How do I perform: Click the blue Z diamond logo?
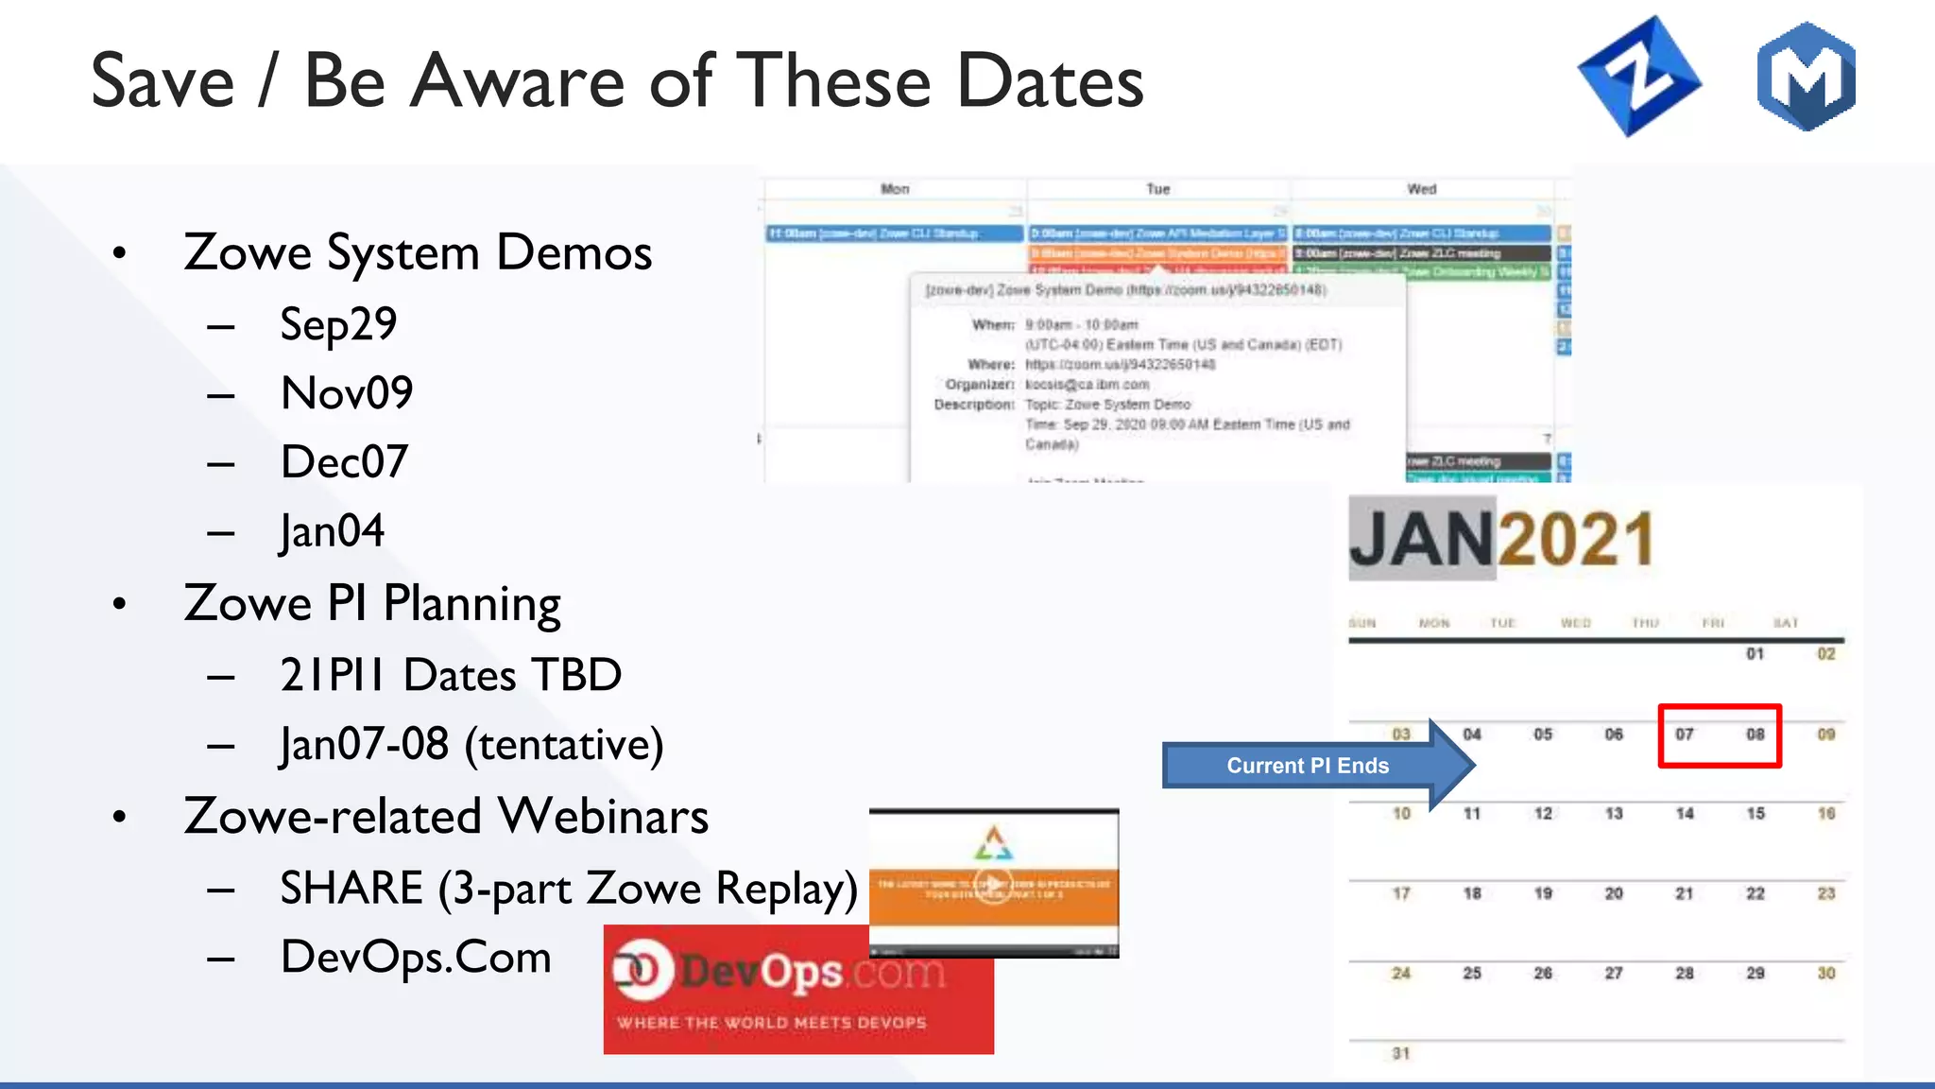(x=1639, y=77)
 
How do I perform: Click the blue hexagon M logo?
(x=1806, y=77)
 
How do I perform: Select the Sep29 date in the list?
(x=338, y=325)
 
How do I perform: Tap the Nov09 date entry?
(x=347, y=393)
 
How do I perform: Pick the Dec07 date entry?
(x=344, y=462)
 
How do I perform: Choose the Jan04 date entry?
(x=333, y=531)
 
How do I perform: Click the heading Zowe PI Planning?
(x=372, y=604)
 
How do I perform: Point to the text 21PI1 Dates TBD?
(x=451, y=676)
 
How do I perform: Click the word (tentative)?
(x=564, y=745)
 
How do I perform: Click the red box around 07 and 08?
(x=1720, y=735)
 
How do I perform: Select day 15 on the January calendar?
(x=1755, y=814)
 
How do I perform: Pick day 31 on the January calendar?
(x=1401, y=1053)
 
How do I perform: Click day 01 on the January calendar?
(x=1755, y=654)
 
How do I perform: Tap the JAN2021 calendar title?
(x=1501, y=540)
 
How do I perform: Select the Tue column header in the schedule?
(x=1158, y=189)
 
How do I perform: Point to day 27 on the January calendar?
(x=1614, y=974)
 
